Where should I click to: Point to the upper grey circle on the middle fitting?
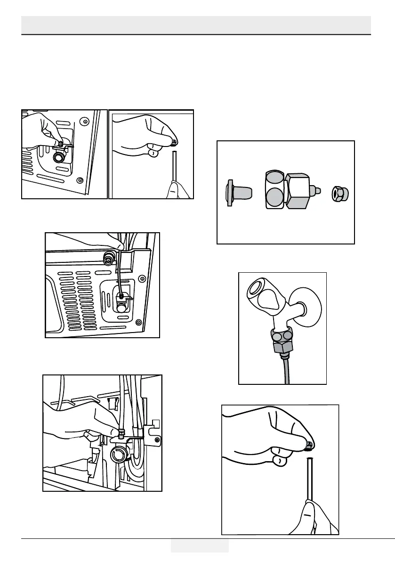[274, 179]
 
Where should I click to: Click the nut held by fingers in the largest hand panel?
[308, 443]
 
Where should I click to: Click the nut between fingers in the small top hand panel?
[174, 141]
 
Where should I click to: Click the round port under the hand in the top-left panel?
[60, 157]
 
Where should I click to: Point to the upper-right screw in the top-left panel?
[84, 121]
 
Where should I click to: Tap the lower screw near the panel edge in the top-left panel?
[80, 180]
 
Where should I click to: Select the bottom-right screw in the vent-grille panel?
[138, 322]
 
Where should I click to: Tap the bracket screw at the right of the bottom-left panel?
[157, 439]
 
